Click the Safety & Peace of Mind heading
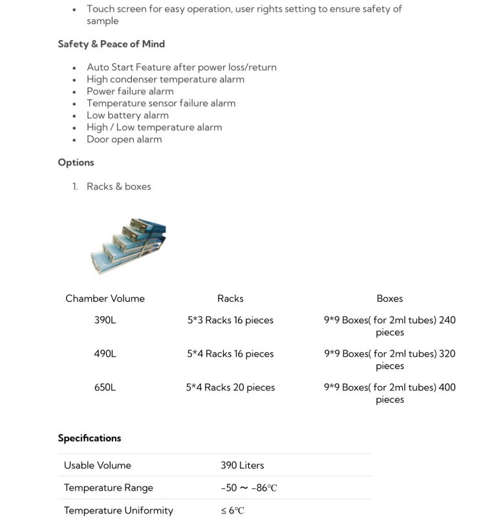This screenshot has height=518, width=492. point(111,44)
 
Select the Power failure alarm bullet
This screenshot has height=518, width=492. point(130,91)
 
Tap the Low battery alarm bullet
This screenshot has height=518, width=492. point(127,115)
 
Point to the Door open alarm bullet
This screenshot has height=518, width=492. point(124,139)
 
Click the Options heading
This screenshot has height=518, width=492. point(76,163)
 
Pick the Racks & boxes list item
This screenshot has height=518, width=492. point(118,186)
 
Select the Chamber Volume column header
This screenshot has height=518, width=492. point(105,298)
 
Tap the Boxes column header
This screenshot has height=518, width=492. point(389,298)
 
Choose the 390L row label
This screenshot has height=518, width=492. point(105,320)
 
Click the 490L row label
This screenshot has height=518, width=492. point(105,354)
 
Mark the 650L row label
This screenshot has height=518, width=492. point(105,387)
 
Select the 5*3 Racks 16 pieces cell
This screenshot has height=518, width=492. point(230,320)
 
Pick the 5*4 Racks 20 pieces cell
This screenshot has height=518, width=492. point(230,387)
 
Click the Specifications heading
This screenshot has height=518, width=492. point(89,438)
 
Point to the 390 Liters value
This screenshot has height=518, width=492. point(242,466)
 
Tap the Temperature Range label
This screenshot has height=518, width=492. point(109,488)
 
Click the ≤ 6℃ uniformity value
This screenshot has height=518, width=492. point(233,510)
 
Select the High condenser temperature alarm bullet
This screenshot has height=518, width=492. point(166,79)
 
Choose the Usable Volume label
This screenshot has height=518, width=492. point(98,466)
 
